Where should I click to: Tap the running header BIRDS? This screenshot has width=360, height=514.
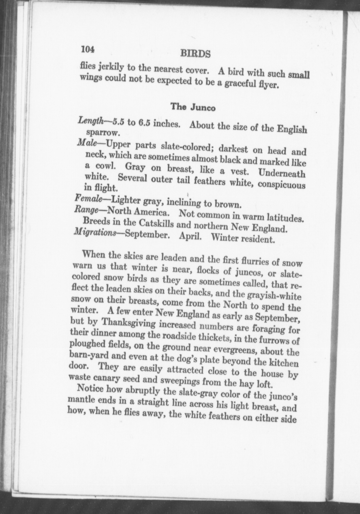click(195, 53)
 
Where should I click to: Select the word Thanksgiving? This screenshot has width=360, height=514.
click(129, 323)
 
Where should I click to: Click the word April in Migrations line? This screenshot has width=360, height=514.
click(190, 236)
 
